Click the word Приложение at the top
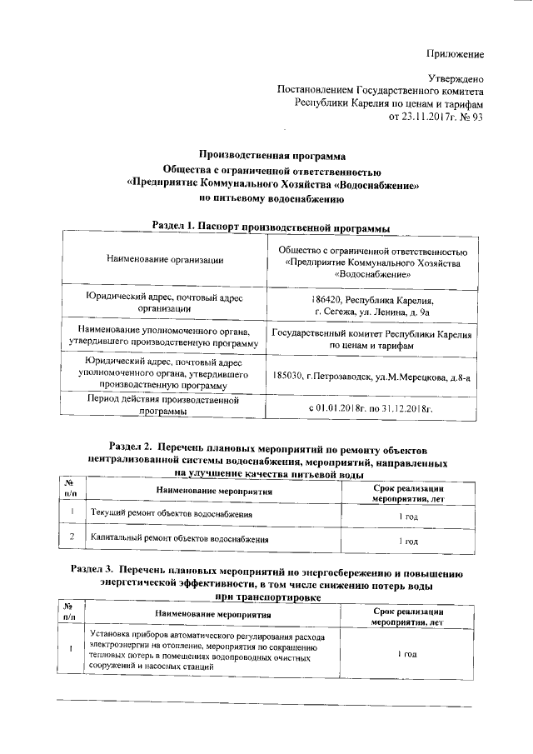pyautogui.click(x=455, y=54)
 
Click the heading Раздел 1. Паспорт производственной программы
pyautogui.click(x=271, y=226)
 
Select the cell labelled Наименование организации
pyautogui.click(x=165, y=261)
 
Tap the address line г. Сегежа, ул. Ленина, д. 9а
pyautogui.click(x=371, y=312)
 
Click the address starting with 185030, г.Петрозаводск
pyautogui.click(x=371, y=377)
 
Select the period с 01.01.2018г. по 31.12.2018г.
pyautogui.click(x=371, y=409)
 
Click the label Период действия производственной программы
pyautogui.click(x=164, y=405)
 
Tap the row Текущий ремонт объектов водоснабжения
pyautogui.click(x=172, y=515)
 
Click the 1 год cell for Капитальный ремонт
pyautogui.click(x=407, y=541)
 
